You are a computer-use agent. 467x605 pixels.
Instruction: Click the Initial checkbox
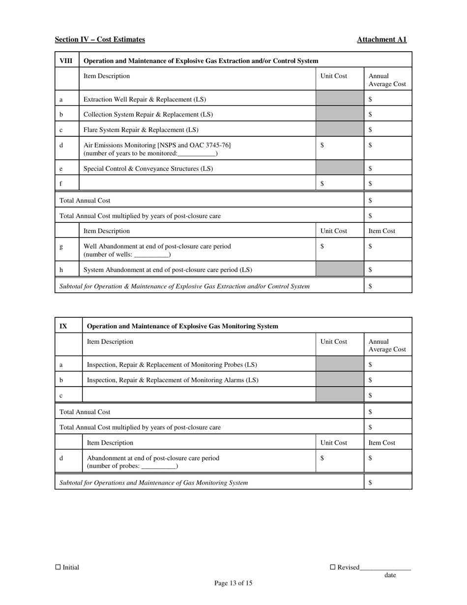point(58,567)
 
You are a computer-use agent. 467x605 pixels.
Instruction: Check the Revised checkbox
point(333,567)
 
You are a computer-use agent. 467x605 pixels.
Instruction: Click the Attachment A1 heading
point(381,39)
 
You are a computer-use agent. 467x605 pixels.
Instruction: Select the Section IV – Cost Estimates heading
point(100,39)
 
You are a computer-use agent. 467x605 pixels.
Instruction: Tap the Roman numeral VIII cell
point(66,61)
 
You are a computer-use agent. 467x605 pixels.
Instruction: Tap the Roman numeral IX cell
point(63,326)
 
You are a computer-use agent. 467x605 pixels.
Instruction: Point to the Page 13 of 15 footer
point(233,583)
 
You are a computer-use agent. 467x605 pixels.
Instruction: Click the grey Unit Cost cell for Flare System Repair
point(340,130)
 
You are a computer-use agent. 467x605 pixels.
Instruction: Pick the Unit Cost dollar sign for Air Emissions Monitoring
point(322,145)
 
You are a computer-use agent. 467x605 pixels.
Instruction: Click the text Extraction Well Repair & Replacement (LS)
point(145,99)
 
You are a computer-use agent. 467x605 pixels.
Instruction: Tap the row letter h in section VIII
point(61,270)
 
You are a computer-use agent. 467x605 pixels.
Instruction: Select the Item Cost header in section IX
point(382,443)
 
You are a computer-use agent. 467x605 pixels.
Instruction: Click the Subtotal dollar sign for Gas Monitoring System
point(370,483)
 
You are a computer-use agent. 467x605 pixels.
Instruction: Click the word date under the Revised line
point(390,575)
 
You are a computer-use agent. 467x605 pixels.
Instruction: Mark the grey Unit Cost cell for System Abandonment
point(340,270)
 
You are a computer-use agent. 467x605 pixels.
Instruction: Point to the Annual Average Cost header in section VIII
point(387,80)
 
